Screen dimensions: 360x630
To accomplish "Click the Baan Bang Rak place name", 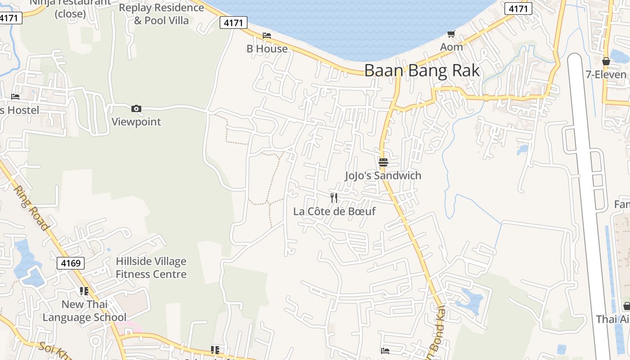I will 422,71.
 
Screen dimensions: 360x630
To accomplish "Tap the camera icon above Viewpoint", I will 136,108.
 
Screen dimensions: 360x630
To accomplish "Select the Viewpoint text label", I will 136,121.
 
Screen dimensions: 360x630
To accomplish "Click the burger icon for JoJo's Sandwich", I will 383,162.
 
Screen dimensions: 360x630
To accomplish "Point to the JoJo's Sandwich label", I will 383,175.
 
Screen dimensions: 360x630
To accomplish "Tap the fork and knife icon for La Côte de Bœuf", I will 334,198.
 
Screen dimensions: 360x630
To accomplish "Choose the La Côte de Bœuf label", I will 334,211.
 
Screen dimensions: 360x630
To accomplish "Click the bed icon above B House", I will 267,36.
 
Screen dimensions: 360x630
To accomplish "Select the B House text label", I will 267,49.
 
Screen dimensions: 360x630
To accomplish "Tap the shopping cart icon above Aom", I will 451,34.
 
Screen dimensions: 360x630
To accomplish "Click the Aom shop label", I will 451,47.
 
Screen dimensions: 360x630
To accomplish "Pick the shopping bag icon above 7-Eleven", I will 606,61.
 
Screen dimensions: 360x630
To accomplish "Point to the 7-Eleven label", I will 606,74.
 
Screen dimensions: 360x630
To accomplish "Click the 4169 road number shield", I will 71,263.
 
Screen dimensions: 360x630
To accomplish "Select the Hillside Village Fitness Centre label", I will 151,268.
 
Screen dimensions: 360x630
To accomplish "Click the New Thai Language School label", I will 85,310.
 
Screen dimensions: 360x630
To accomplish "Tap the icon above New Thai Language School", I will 84,291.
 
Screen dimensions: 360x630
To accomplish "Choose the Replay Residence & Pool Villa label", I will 162,14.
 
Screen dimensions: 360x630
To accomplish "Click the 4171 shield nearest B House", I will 234,22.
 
